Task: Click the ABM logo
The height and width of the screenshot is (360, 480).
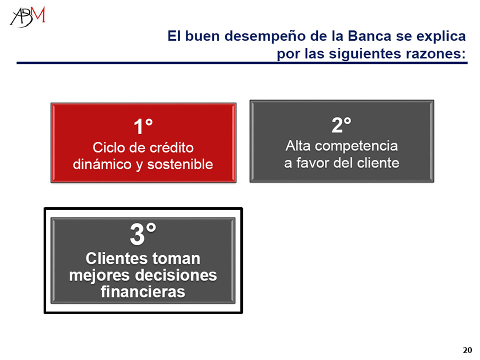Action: point(27,17)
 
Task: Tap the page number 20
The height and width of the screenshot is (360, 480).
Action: point(467,350)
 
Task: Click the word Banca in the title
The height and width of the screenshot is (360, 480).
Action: point(369,36)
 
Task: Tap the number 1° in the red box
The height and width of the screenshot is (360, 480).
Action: point(143,126)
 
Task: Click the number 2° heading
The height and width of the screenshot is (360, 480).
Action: point(341,125)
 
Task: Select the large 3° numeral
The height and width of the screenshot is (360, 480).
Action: point(143,234)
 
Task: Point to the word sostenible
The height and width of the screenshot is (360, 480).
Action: point(180,164)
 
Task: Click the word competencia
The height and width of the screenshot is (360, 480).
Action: point(356,146)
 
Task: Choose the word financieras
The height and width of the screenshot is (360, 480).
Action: point(143,291)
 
